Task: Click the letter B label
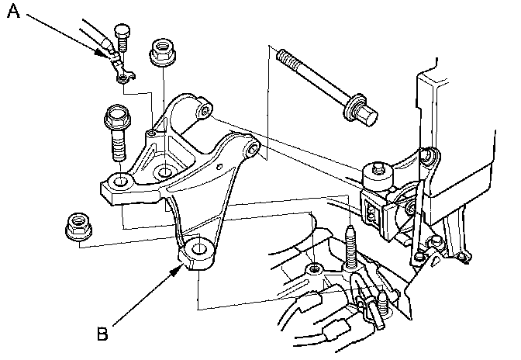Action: click(101, 335)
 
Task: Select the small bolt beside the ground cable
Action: click(120, 38)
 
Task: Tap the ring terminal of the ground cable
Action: click(119, 76)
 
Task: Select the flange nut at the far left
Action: click(75, 226)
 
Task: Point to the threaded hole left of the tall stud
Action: click(313, 269)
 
